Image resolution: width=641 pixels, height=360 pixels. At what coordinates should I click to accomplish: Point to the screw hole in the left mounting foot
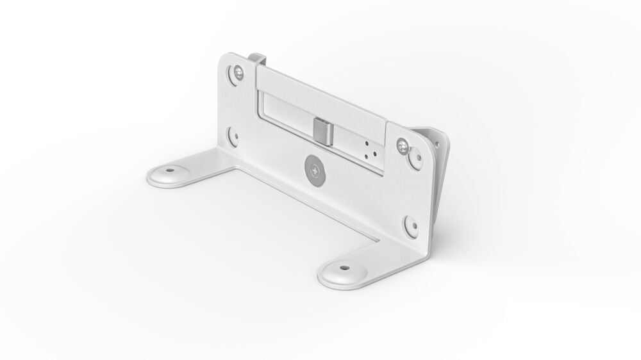click(x=170, y=171)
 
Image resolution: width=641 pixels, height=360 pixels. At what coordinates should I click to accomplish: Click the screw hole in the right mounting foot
click(x=344, y=268)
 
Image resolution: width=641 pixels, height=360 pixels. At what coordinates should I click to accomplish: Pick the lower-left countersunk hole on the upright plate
click(x=233, y=136)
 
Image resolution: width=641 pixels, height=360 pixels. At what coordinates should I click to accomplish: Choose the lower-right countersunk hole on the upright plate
click(x=410, y=225)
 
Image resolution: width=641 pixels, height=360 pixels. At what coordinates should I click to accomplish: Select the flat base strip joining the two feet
click(x=301, y=205)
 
